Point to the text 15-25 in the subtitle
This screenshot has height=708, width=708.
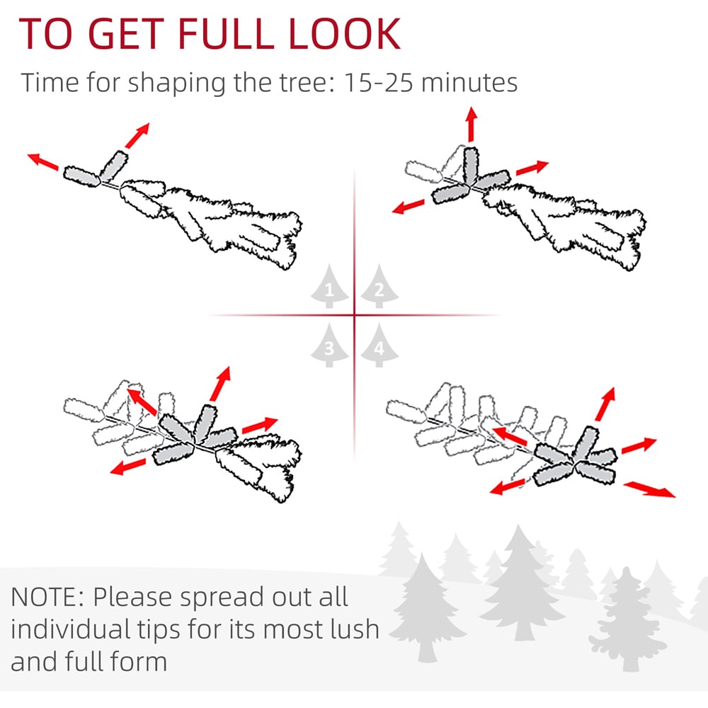pyautogui.click(x=378, y=83)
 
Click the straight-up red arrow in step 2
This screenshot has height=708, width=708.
pyautogui.click(x=472, y=124)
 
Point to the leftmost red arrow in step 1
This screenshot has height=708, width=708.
pyautogui.click(x=43, y=162)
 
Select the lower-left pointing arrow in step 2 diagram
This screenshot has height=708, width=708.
pyautogui.click(x=409, y=207)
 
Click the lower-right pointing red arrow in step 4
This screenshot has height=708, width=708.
pyautogui.click(x=649, y=489)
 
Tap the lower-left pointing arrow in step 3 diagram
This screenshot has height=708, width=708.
pyautogui.click(x=127, y=467)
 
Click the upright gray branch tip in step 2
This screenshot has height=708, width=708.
pyautogui.click(x=471, y=165)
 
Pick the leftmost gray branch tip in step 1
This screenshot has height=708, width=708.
pyautogui.click(x=81, y=176)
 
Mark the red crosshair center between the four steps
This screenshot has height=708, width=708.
pyautogui.click(x=355, y=315)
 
